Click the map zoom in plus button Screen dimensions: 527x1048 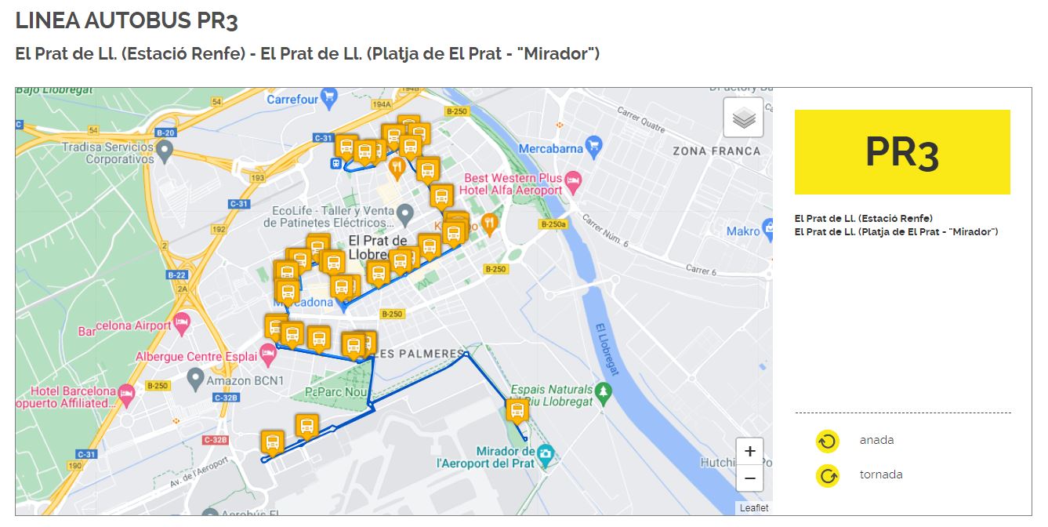coord(749,451)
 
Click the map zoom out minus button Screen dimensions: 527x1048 coord(749,478)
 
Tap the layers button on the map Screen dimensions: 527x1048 coord(743,118)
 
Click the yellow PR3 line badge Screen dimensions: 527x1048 coord(902,152)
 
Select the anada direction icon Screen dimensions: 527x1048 coord(827,441)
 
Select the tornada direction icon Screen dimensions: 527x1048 coord(827,475)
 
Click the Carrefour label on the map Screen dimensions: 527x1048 coord(292,100)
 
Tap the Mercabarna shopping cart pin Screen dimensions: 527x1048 coord(593,145)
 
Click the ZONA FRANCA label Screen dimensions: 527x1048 coord(716,151)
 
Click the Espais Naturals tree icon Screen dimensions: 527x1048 coord(602,392)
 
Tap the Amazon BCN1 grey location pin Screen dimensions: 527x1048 coord(196,381)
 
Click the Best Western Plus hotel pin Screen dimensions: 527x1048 coord(573,181)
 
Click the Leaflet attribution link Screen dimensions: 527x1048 coord(754,508)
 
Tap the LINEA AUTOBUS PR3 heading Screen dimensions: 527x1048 coord(126,21)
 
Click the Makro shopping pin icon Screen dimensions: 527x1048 coord(771,231)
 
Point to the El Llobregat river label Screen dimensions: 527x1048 coord(608,350)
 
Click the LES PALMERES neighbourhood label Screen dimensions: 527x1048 coord(420,354)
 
